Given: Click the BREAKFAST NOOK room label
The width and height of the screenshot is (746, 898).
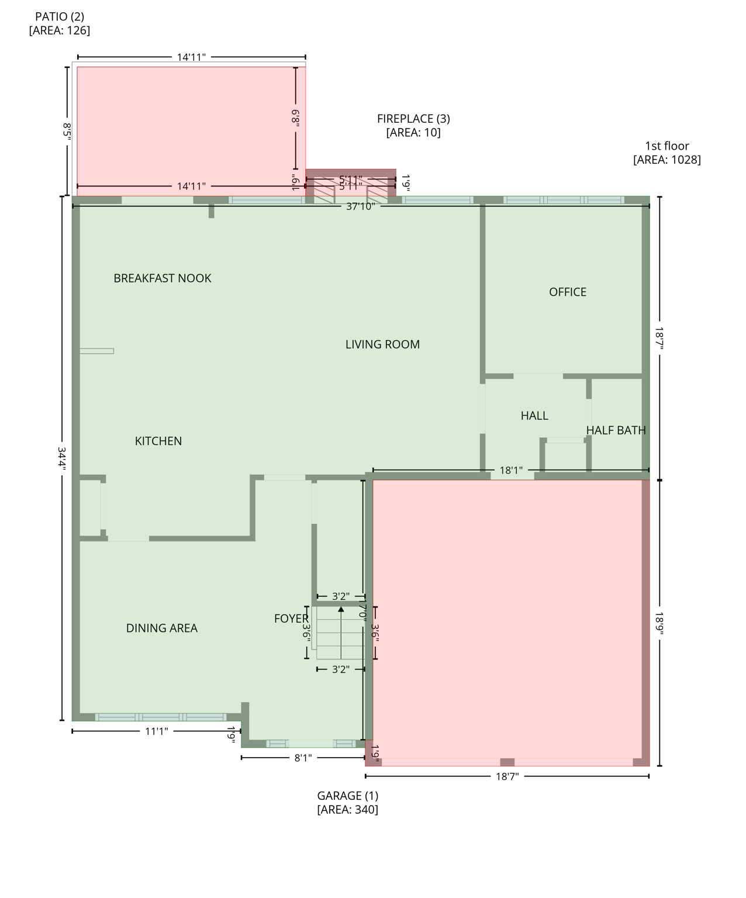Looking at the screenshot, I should tap(163, 278).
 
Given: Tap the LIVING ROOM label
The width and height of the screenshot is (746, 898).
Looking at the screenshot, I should tap(382, 344).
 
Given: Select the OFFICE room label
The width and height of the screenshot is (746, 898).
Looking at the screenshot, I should tap(567, 292).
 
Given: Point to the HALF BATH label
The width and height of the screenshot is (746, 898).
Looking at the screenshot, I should tap(616, 430).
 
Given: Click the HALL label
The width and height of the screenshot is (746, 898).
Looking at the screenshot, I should tap(534, 416).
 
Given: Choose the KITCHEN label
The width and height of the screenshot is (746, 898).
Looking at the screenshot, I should tap(158, 441).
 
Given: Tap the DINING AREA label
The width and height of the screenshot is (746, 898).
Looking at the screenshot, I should tap(162, 628).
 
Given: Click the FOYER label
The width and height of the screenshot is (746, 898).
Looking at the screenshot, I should tap(291, 619).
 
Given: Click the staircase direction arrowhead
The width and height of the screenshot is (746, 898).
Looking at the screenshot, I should tap(341, 609).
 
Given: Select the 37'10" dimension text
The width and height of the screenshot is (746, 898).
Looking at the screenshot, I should tap(360, 206).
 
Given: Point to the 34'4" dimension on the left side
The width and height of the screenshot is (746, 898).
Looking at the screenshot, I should tap(62, 459).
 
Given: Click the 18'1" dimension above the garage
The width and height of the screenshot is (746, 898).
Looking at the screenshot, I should tap(511, 470).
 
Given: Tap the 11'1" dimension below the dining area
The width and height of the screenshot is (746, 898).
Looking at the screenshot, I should tap(157, 731).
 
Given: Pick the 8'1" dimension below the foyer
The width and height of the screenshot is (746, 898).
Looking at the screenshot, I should tap(303, 758).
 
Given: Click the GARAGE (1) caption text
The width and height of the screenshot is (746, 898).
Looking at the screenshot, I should tap(347, 796).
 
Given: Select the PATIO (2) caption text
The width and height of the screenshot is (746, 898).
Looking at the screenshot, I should tap(60, 17).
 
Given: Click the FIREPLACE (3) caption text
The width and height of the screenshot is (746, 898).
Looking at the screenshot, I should tap(413, 119).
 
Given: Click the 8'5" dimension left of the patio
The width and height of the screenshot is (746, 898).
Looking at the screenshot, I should tap(67, 129).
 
